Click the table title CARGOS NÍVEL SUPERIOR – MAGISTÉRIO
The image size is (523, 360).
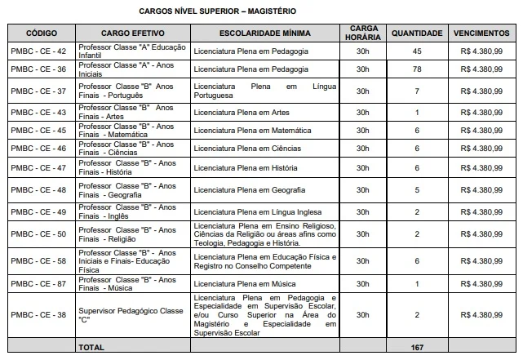coord(216,11)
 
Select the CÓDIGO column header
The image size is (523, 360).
coord(41,33)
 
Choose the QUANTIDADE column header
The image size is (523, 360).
coord(416,33)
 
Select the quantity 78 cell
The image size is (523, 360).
coord(416,70)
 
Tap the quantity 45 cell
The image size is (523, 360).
coord(416,51)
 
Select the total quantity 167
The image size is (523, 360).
coord(416,348)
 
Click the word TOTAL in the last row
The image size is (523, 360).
coord(91,348)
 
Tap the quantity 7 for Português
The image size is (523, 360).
coord(416,91)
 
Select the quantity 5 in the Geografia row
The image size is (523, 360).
coord(416,190)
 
